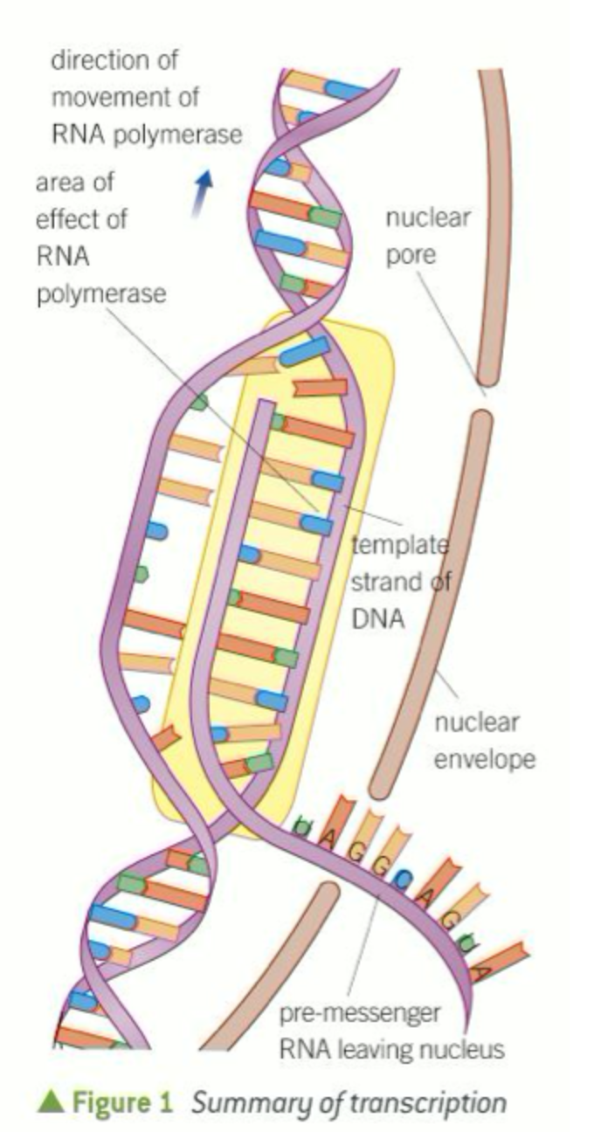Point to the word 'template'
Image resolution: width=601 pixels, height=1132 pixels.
pyautogui.click(x=400, y=547)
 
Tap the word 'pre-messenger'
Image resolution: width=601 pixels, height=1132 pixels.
pyautogui.click(x=359, y=1015)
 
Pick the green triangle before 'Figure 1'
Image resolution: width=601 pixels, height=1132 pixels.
pyautogui.click(x=50, y=1102)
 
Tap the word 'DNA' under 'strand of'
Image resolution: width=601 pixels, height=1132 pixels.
pyautogui.click(x=376, y=620)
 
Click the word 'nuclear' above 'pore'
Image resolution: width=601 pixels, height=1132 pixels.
pyautogui.click(x=427, y=217)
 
